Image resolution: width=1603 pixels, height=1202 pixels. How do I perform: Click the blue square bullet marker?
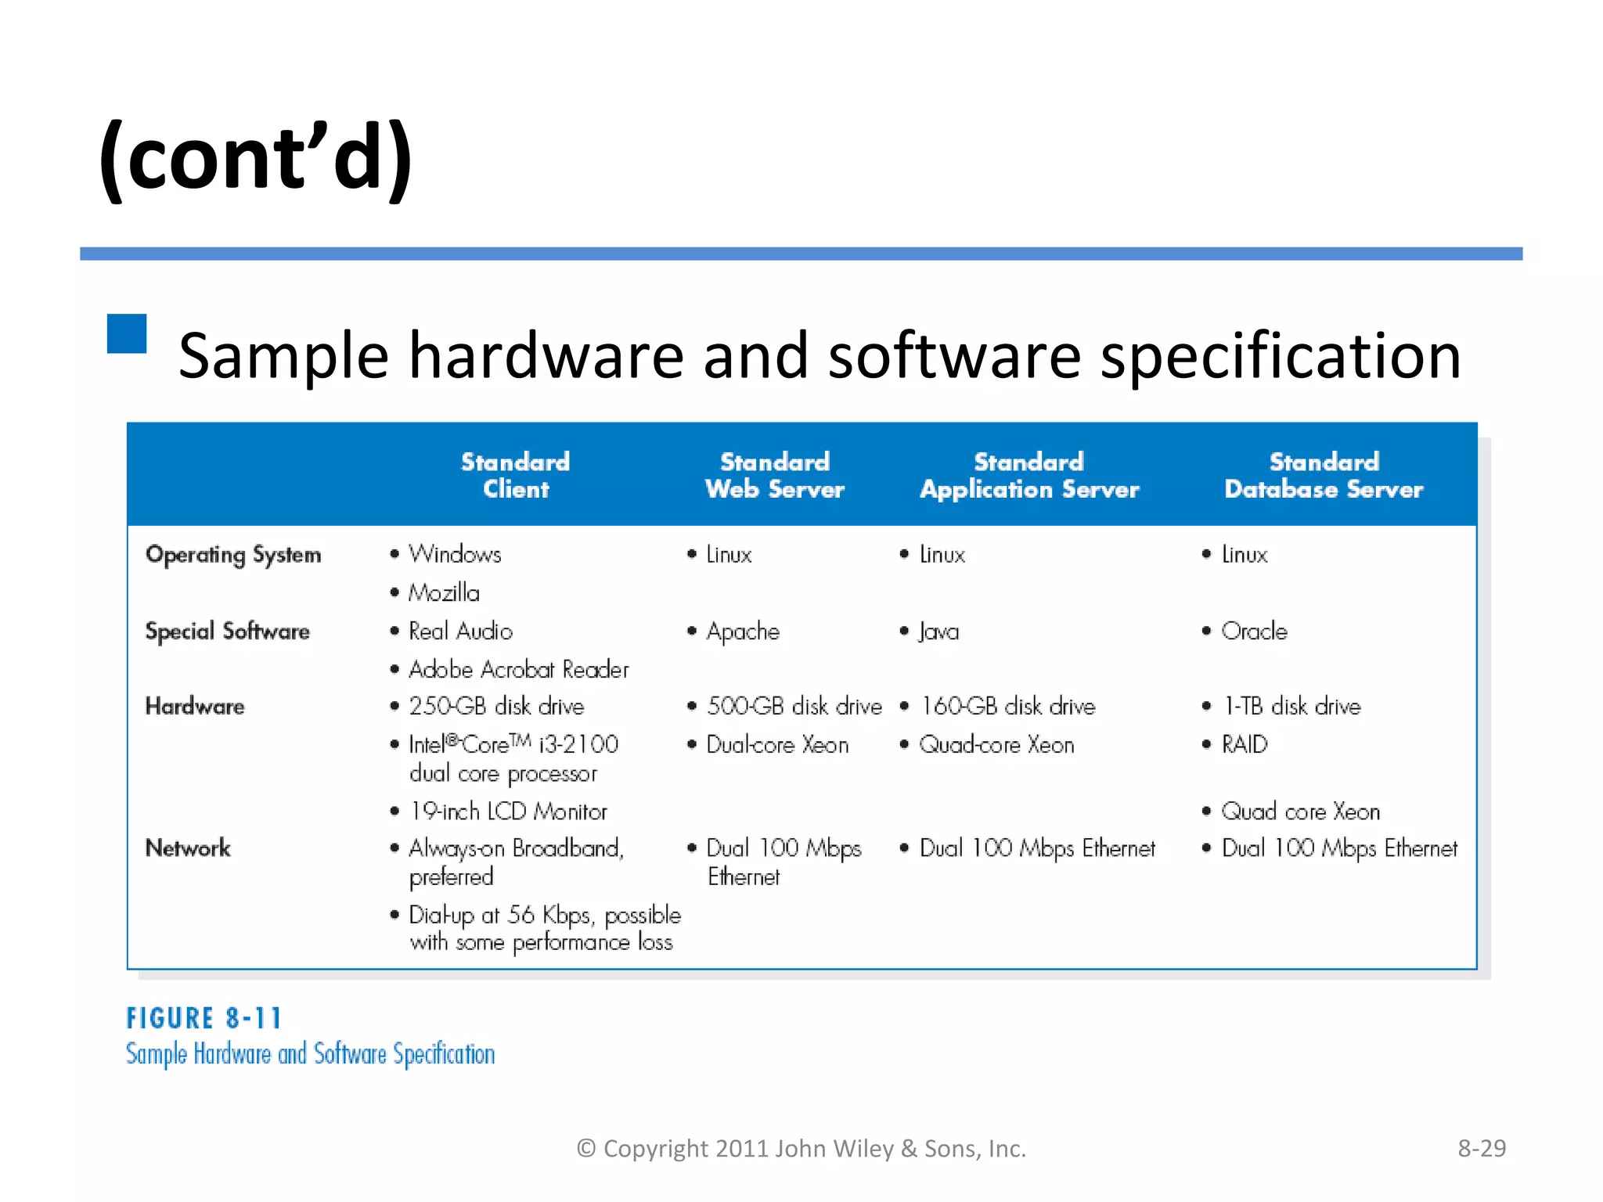click(127, 333)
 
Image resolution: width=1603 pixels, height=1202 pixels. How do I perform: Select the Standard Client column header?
click(515, 475)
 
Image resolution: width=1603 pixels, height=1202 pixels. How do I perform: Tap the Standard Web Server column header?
click(774, 475)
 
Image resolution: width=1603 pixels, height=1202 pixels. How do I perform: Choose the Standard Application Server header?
click(1028, 475)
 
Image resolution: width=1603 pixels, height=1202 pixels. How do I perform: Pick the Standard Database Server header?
click(1323, 475)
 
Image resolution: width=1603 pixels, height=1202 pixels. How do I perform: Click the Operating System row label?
click(233, 555)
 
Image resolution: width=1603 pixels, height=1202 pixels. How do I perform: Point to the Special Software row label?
click(227, 631)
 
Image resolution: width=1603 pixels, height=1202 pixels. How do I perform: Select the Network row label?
click(188, 848)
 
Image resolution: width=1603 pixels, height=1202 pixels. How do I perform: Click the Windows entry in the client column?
click(454, 554)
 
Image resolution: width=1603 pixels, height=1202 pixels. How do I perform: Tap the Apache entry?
click(742, 631)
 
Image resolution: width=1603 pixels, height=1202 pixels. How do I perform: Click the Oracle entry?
click(1253, 631)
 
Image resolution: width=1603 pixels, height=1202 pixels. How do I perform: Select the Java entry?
click(938, 631)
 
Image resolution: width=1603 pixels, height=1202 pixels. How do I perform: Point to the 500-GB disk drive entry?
click(793, 706)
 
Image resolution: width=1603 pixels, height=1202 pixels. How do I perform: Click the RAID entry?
click(1244, 744)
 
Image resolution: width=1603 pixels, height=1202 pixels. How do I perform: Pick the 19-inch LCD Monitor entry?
click(508, 812)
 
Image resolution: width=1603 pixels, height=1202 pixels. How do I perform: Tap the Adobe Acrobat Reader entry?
click(518, 669)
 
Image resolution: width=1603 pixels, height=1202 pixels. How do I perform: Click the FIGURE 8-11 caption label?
click(204, 1018)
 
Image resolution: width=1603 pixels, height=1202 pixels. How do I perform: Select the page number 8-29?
click(1481, 1148)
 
